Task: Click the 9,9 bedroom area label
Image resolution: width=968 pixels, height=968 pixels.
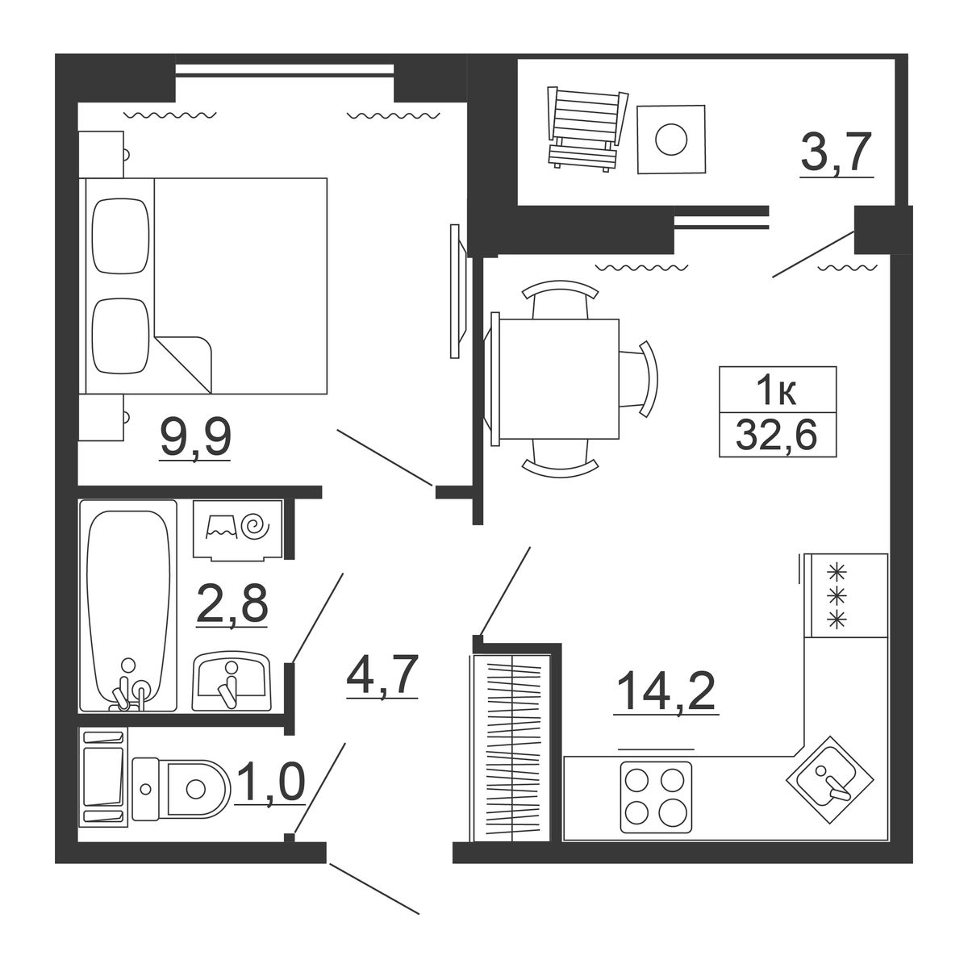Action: pos(195,440)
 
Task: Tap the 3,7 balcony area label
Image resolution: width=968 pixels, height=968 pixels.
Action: pos(837,152)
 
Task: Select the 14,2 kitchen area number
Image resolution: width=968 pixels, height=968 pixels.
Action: pos(665,691)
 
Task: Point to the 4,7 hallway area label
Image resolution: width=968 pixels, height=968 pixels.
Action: pos(382,676)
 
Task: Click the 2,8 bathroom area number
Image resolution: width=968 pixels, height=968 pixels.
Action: pos(232,604)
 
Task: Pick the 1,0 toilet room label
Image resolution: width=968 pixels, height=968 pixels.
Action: pos(269,782)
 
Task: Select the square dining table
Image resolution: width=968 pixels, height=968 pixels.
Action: pos(559,379)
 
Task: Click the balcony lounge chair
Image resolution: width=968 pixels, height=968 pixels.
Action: pos(588,128)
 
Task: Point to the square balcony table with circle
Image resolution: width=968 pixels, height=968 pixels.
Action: pos(671,139)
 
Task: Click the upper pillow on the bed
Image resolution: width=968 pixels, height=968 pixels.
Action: pos(122,236)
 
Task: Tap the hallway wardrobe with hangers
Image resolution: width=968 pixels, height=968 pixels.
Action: pos(511,746)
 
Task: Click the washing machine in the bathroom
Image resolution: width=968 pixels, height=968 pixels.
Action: pos(238,529)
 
